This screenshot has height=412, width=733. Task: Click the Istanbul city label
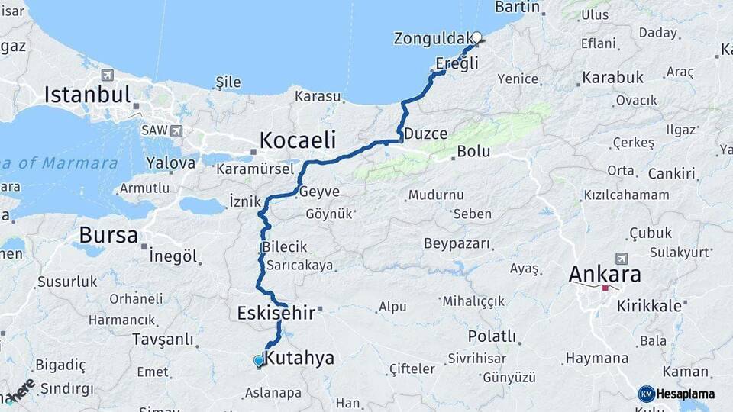[88, 95]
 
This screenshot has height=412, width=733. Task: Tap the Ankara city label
[605, 274]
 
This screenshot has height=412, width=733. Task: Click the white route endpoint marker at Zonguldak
[476, 37]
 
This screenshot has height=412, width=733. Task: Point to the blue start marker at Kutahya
[259, 361]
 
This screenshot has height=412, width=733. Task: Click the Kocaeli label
[298, 140]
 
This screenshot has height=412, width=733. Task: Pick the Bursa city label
[108, 234]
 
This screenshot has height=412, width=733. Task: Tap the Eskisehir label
[272, 313]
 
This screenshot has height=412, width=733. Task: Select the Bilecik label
[284, 247]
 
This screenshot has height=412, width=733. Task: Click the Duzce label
[425, 134]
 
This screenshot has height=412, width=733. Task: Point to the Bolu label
[473, 151]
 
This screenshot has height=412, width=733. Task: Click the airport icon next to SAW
[176, 130]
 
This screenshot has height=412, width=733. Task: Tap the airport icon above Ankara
[622, 259]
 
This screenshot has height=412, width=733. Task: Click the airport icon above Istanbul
[106, 76]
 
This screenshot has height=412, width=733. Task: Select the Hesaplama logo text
[686, 394]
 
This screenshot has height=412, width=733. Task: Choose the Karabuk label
[612, 78]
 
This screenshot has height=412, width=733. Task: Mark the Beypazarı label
[456, 243]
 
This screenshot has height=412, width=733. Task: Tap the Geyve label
[319, 192]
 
